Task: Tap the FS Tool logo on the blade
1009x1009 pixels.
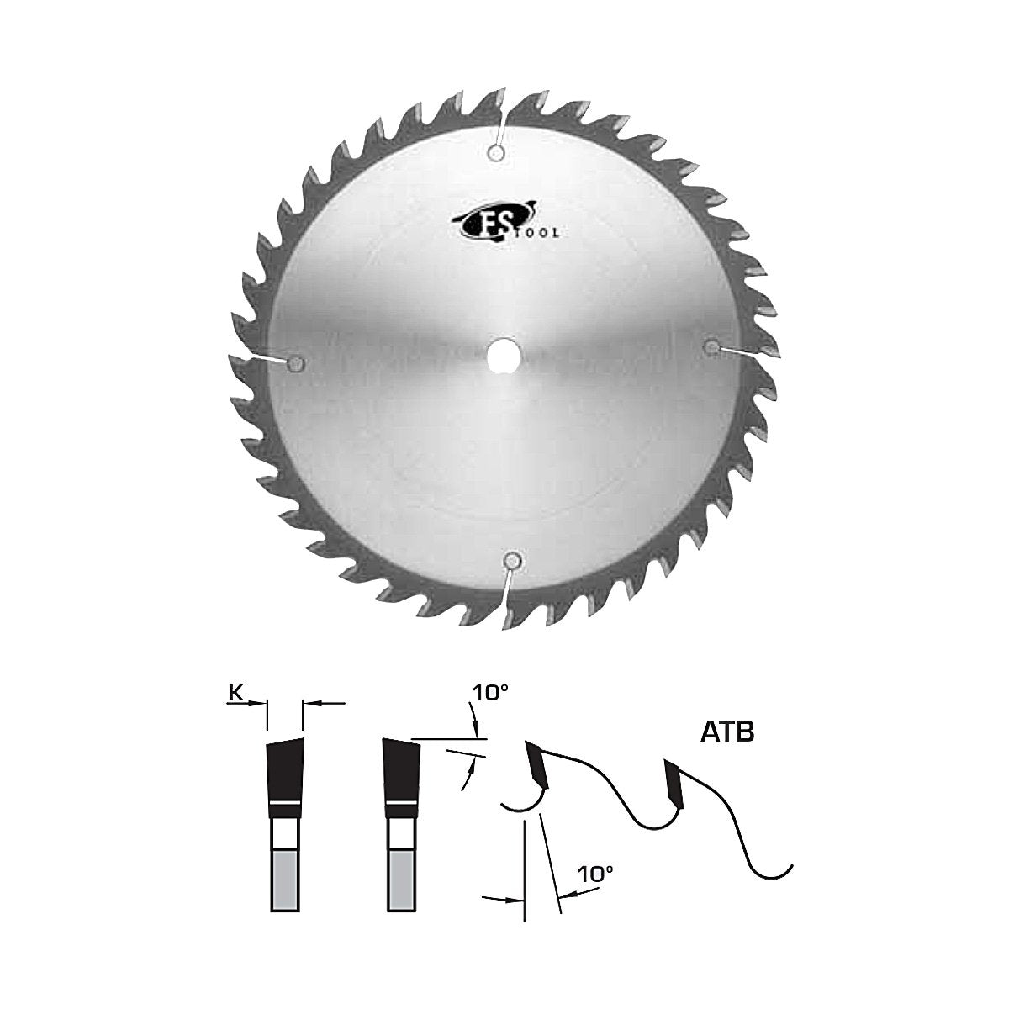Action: (x=502, y=226)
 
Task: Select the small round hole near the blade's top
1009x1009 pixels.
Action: (x=496, y=153)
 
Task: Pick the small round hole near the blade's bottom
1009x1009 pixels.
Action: (x=511, y=561)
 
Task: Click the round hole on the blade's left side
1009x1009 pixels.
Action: (x=295, y=362)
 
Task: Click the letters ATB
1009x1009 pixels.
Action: (x=726, y=732)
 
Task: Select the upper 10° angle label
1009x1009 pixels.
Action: (x=490, y=693)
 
